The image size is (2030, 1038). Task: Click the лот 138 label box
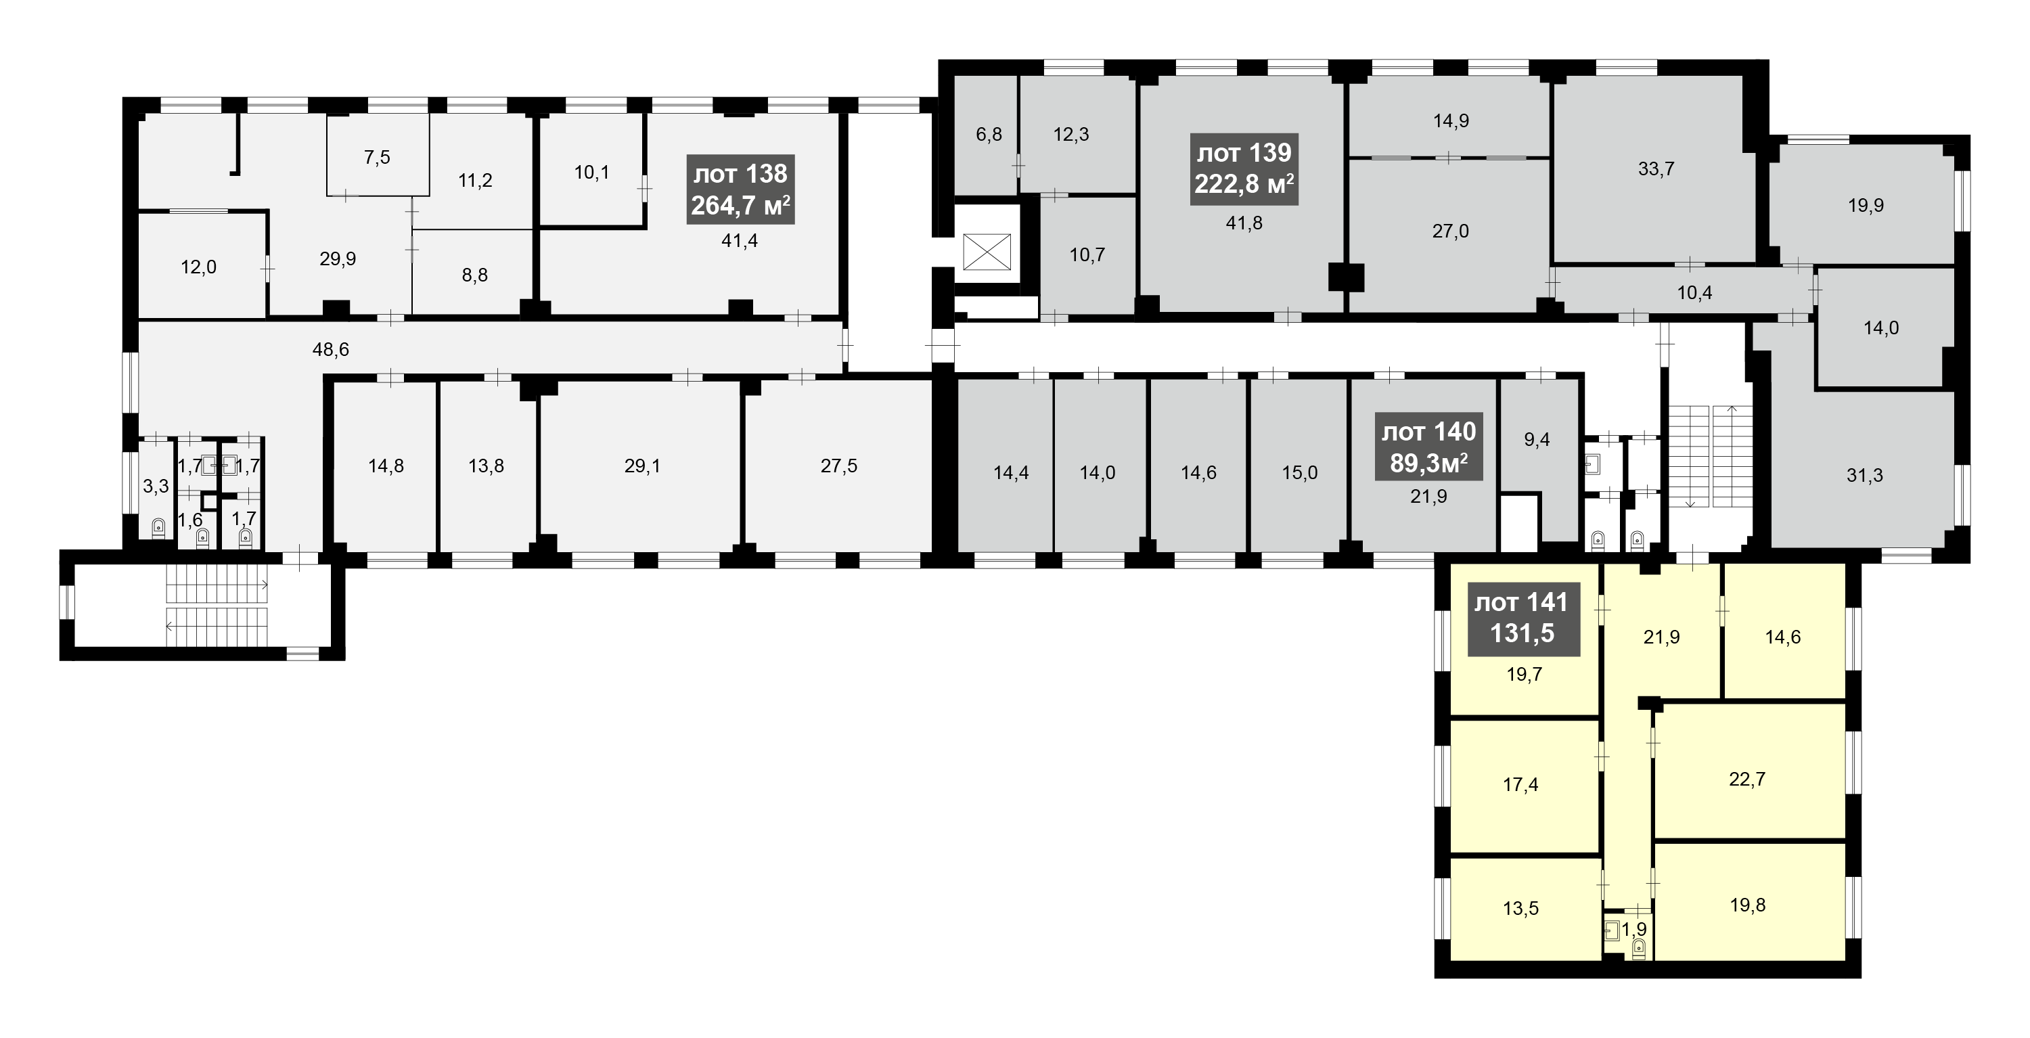[x=740, y=189]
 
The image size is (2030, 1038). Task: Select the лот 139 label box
[x=1244, y=168]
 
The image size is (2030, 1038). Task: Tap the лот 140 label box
[x=1428, y=446]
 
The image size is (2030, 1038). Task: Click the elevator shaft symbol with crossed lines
[x=987, y=252]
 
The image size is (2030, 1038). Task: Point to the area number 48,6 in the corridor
[x=331, y=349]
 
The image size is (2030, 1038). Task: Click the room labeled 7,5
[x=378, y=157]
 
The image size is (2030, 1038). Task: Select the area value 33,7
[x=1656, y=168]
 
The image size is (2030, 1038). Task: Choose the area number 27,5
[x=838, y=466]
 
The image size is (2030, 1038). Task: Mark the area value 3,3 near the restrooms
[x=156, y=487]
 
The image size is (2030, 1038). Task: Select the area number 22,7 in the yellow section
[x=1747, y=780]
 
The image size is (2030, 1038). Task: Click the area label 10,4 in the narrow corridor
[x=1694, y=293]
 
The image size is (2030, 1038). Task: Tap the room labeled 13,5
[x=1521, y=909]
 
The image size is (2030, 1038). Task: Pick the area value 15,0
[x=1299, y=473]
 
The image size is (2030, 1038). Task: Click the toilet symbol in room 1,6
[x=202, y=537]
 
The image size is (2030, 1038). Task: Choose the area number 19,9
[x=1866, y=206]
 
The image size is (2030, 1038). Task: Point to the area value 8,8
[x=474, y=275]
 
